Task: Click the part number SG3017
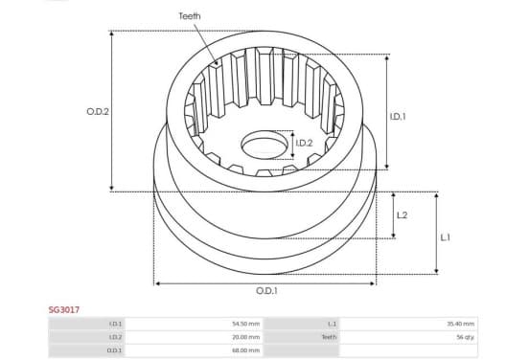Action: [64, 310]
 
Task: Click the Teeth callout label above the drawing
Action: [189, 16]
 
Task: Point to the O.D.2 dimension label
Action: [98, 112]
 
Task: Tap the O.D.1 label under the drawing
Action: [266, 290]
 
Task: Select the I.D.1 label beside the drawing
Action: [398, 117]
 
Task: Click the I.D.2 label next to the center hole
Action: [305, 144]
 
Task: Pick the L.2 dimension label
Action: [402, 215]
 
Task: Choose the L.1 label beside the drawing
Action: [446, 237]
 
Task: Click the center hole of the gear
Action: [264, 145]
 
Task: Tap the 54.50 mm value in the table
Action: [246, 324]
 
